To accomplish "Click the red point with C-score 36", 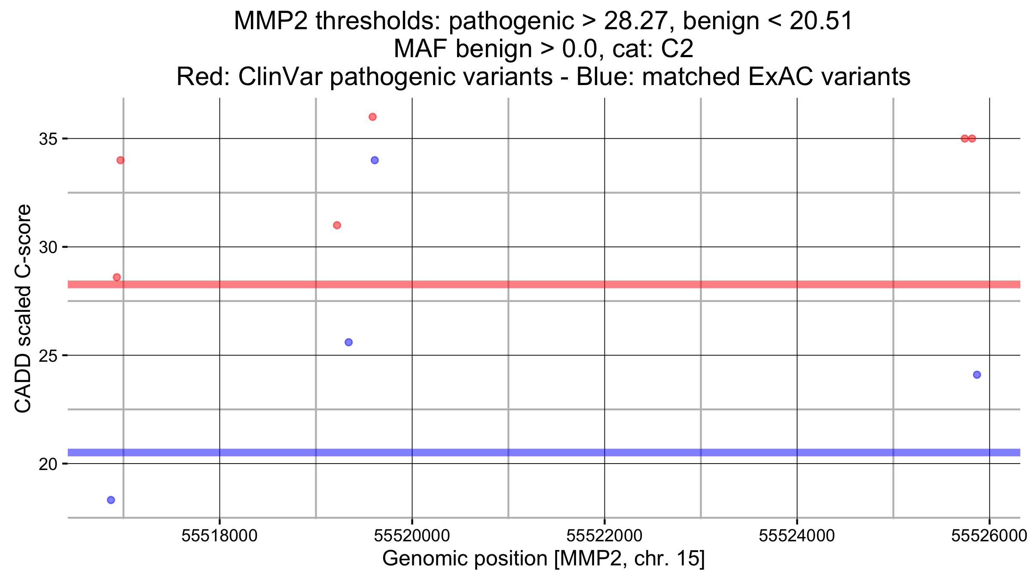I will tap(372, 117).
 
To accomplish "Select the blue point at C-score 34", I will tap(375, 160).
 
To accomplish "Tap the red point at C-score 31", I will tap(337, 225).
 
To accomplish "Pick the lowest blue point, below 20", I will tap(111, 500).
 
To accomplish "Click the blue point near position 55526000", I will tap(977, 375).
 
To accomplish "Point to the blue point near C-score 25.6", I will tap(348, 342).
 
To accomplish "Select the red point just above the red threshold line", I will tap(116, 277).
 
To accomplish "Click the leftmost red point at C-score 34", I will tap(120, 160).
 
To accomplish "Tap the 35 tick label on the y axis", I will tap(48, 139).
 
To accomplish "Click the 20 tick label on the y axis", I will tap(48, 464).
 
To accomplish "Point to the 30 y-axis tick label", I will tap(48, 247).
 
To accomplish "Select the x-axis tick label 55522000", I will tap(604, 536).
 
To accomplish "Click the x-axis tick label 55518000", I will tap(220, 536).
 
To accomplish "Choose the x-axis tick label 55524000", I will tap(797, 536).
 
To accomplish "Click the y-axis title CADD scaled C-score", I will tap(23, 308).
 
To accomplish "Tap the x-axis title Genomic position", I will tap(543, 559).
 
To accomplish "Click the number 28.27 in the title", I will tap(635, 21).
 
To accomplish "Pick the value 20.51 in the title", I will tap(821, 21).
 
